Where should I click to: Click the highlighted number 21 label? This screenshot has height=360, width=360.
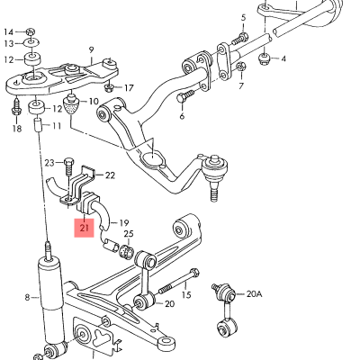84,228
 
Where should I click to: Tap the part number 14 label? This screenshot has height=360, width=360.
9,31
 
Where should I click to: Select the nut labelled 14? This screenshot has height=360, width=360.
31,31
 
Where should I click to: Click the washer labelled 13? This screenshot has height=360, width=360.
32,42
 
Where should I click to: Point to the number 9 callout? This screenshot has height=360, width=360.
91,50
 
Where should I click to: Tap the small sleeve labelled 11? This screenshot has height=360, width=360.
38,125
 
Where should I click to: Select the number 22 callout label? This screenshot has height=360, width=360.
110,175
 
